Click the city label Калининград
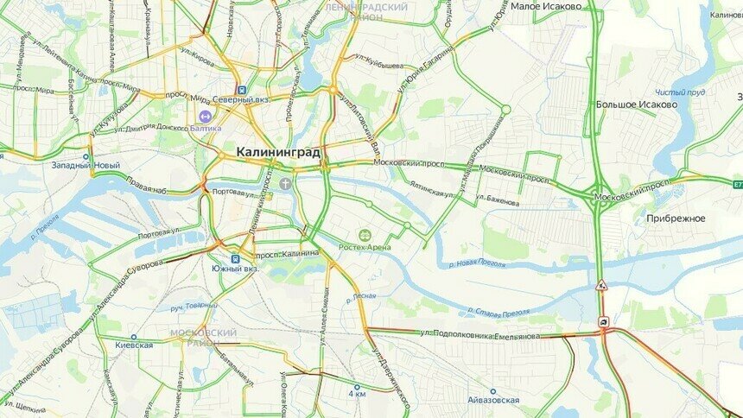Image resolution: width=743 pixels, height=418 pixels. pyautogui.click(x=277, y=153)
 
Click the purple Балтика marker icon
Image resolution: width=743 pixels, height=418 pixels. pyautogui.click(x=205, y=116)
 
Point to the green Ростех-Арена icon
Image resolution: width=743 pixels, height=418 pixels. pyautogui.click(x=365, y=235)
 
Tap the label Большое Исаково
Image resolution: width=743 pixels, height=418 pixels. pyautogui.click(x=637, y=104)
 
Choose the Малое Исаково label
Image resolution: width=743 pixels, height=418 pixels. pyautogui.click(x=545, y=6)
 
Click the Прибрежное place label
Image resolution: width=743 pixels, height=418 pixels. pyautogui.click(x=676, y=218)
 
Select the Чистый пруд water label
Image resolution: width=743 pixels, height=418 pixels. pyautogui.click(x=679, y=92)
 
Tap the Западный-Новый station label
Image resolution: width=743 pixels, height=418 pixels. pyautogui.click(x=86, y=165)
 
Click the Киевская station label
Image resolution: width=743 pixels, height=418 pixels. pyautogui.click(x=134, y=345)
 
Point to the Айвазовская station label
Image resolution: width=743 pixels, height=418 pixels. pyautogui.click(x=492, y=401)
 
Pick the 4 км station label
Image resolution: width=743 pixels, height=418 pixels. pyautogui.click(x=357, y=394)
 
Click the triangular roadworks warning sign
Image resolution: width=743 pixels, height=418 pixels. pyautogui.click(x=601, y=284)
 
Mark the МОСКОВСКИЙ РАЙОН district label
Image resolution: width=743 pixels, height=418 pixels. pyautogui.click(x=203, y=336)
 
